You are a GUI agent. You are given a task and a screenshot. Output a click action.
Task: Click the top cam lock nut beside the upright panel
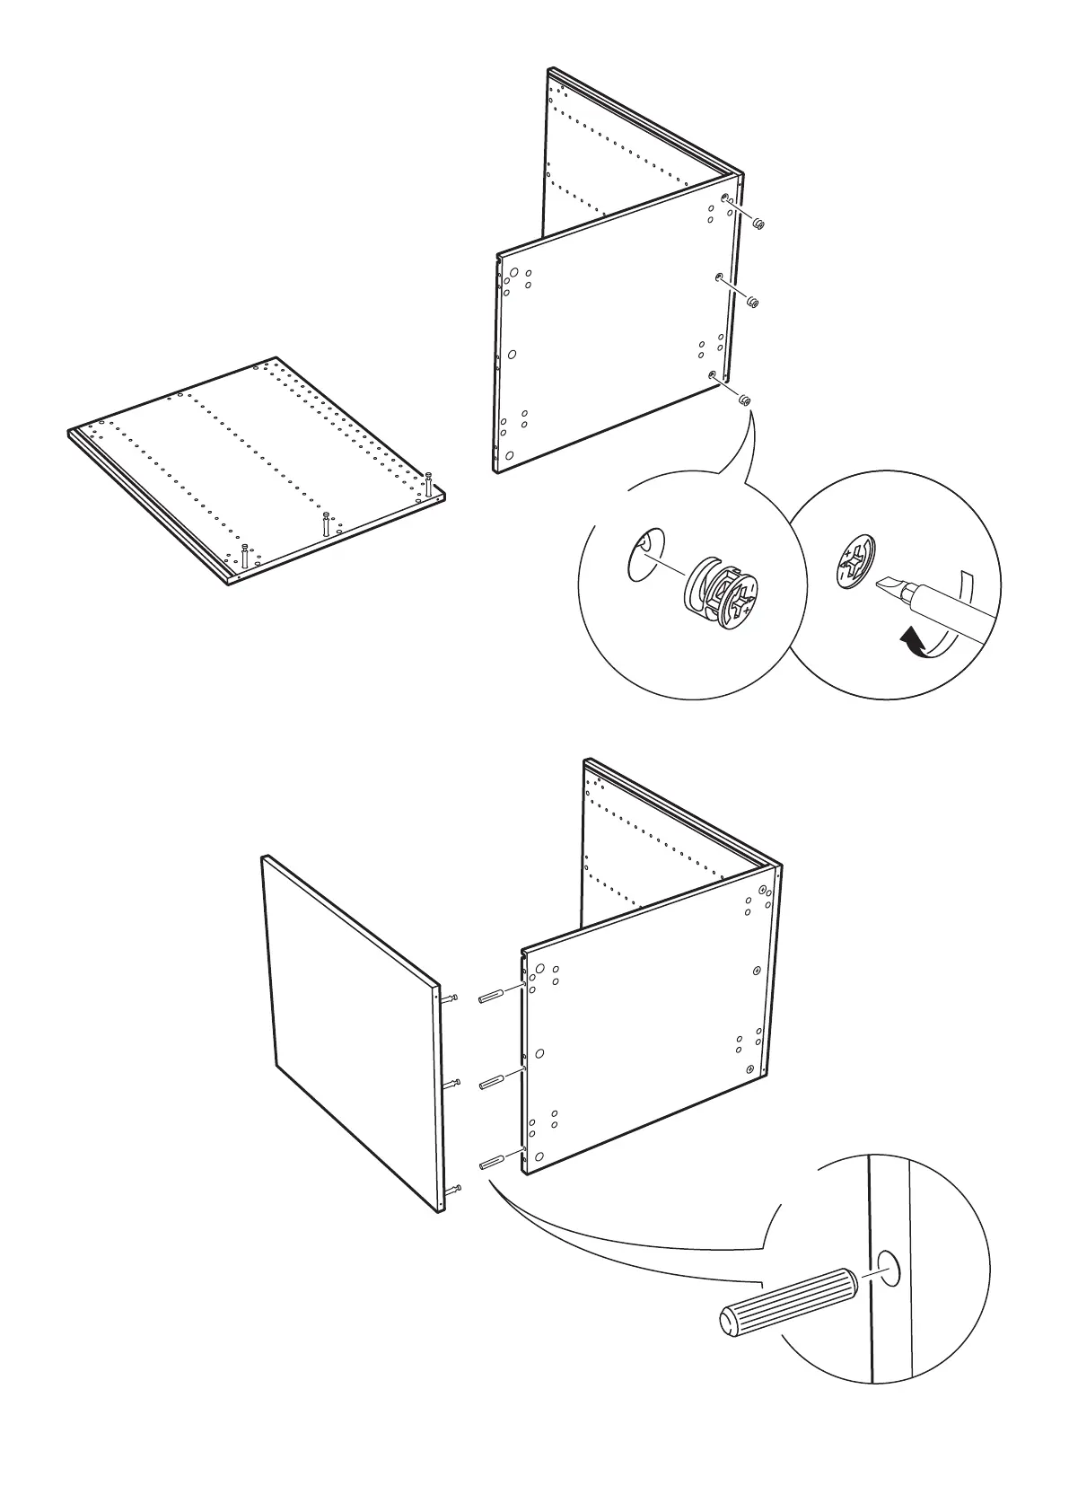tap(758, 224)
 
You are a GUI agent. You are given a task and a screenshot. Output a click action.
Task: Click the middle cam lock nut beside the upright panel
tap(753, 303)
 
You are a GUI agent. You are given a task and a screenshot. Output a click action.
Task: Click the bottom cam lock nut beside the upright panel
tap(744, 400)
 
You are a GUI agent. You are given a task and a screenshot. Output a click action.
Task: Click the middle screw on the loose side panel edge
tap(455, 1084)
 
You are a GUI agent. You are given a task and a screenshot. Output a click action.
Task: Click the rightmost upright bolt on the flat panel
tap(429, 482)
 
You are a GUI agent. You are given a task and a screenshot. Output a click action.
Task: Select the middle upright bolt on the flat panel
tap(326, 522)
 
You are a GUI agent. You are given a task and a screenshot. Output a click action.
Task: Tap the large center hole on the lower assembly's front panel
tap(539, 1053)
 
